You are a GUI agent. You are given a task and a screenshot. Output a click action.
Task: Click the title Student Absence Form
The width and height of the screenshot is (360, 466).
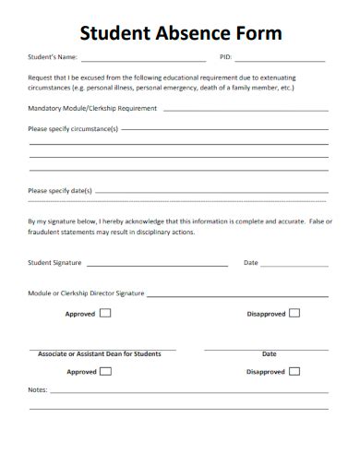[180, 34]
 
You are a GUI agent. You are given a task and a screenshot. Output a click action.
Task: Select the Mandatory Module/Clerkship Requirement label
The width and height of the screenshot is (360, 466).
[92, 108]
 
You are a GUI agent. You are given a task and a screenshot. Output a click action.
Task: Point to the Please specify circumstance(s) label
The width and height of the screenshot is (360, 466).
[73, 130]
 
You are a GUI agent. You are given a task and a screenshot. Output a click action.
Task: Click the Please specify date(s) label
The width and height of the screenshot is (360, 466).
[60, 191]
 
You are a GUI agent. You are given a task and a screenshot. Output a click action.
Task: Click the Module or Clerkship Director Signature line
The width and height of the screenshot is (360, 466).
[236, 295]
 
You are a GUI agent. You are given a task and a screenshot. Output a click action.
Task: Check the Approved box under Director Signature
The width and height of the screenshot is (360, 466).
[105, 313]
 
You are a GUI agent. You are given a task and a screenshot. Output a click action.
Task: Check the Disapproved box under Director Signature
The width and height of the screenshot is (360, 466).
[294, 313]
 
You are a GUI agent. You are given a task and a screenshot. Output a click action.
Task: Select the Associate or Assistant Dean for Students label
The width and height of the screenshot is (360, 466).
[100, 354]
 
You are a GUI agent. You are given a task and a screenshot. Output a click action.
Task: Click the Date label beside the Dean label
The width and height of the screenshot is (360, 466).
[269, 354]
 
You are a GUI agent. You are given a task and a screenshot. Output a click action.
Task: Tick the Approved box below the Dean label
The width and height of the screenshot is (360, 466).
[105, 372]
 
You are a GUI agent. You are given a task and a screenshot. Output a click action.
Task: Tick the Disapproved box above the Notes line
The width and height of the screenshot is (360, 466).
[294, 372]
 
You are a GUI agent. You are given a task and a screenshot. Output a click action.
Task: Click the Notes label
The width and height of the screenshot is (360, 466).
[37, 390]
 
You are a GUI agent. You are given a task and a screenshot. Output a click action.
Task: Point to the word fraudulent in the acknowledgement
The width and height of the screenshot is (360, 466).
[47, 233]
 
